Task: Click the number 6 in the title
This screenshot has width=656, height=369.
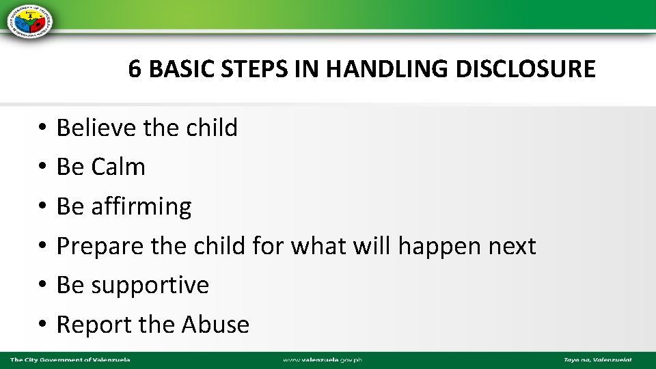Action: point(135,70)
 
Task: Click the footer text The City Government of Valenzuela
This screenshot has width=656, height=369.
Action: point(70,359)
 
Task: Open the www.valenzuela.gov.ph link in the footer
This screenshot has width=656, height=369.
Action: point(323,359)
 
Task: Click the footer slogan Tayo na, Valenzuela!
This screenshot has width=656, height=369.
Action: point(597,359)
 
